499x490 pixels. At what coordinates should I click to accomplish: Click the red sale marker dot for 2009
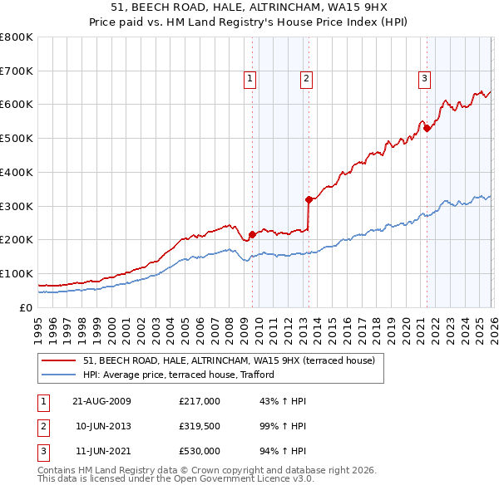(x=252, y=234)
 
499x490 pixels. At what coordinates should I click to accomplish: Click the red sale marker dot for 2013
(x=309, y=199)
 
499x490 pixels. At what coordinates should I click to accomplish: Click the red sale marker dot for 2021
(x=427, y=128)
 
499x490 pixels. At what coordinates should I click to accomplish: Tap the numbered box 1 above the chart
(x=249, y=79)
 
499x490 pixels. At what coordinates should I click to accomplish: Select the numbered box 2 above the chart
(x=306, y=79)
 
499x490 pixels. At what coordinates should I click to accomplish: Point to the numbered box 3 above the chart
(x=424, y=79)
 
